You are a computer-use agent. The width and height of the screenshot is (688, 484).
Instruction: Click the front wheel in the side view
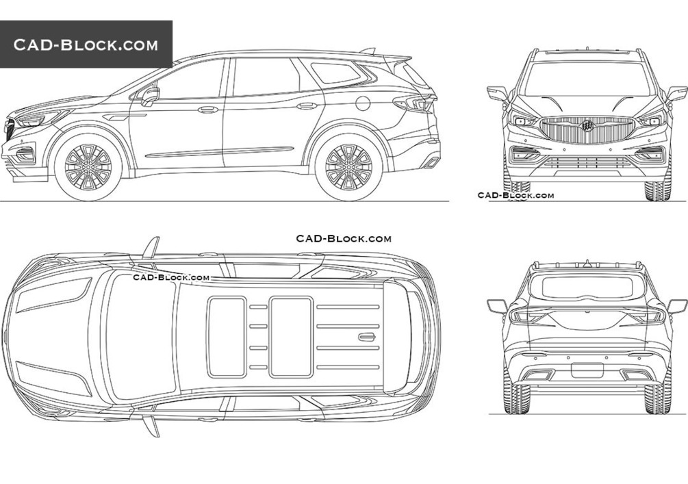coord(88,167)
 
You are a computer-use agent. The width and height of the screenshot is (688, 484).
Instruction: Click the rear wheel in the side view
coord(349,167)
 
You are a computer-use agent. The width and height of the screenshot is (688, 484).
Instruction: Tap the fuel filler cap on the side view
coord(363,103)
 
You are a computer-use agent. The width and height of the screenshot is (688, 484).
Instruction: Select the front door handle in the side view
coord(208,110)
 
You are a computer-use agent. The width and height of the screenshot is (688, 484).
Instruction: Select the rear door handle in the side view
coord(307,106)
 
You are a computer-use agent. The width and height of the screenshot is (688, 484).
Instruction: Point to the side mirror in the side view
coord(150,96)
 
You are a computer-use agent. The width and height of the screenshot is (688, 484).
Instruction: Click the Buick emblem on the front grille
coord(587,126)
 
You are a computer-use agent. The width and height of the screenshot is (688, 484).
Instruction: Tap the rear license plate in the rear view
coord(587,370)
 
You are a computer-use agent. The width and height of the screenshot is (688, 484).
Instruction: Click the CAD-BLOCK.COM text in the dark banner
coord(86,44)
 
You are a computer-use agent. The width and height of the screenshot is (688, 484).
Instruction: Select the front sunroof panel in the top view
coord(227,337)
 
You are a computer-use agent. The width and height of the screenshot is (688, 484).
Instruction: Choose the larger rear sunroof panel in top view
coord(292,337)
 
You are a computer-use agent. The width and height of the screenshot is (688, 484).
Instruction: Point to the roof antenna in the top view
coord(367,337)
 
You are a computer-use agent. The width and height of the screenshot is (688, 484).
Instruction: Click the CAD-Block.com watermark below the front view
coord(515,195)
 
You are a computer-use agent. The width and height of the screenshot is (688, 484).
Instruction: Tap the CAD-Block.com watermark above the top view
coord(344,238)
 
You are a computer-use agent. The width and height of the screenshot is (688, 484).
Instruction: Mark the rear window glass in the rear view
coord(587,288)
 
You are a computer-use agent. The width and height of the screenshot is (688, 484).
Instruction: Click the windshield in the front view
coord(587,79)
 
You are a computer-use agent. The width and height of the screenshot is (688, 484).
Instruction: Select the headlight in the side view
coord(40,118)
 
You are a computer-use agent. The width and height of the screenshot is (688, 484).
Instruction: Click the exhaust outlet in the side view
coord(432,162)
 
